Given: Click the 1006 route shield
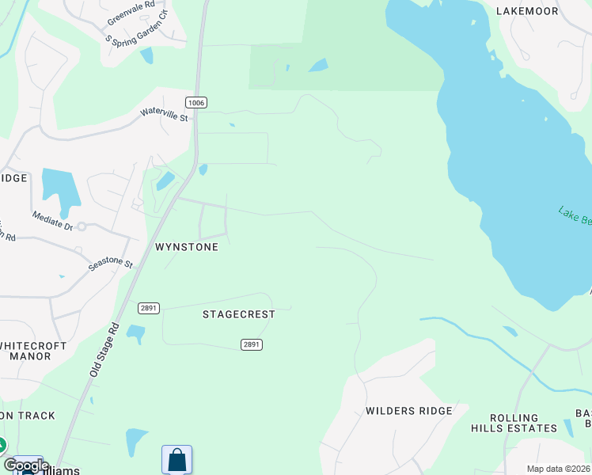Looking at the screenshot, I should tap(196, 103).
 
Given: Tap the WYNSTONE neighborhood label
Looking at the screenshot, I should tap(186, 247).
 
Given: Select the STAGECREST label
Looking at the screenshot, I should tap(238, 314).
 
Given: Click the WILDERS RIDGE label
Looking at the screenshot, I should tap(408, 411).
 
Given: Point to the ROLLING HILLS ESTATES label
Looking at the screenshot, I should tap(525, 423).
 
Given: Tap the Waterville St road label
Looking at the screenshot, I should tap(165, 116).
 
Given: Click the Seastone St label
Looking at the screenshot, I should tap(110, 262).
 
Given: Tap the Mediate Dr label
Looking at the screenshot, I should tap(52, 221).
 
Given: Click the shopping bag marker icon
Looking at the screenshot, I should tap(176, 459).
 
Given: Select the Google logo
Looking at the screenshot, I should tap(26, 465).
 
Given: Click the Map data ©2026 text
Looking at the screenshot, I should tap(558, 469).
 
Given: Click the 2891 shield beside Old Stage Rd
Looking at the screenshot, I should tap(148, 308).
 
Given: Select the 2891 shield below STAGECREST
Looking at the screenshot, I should tap(252, 344).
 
